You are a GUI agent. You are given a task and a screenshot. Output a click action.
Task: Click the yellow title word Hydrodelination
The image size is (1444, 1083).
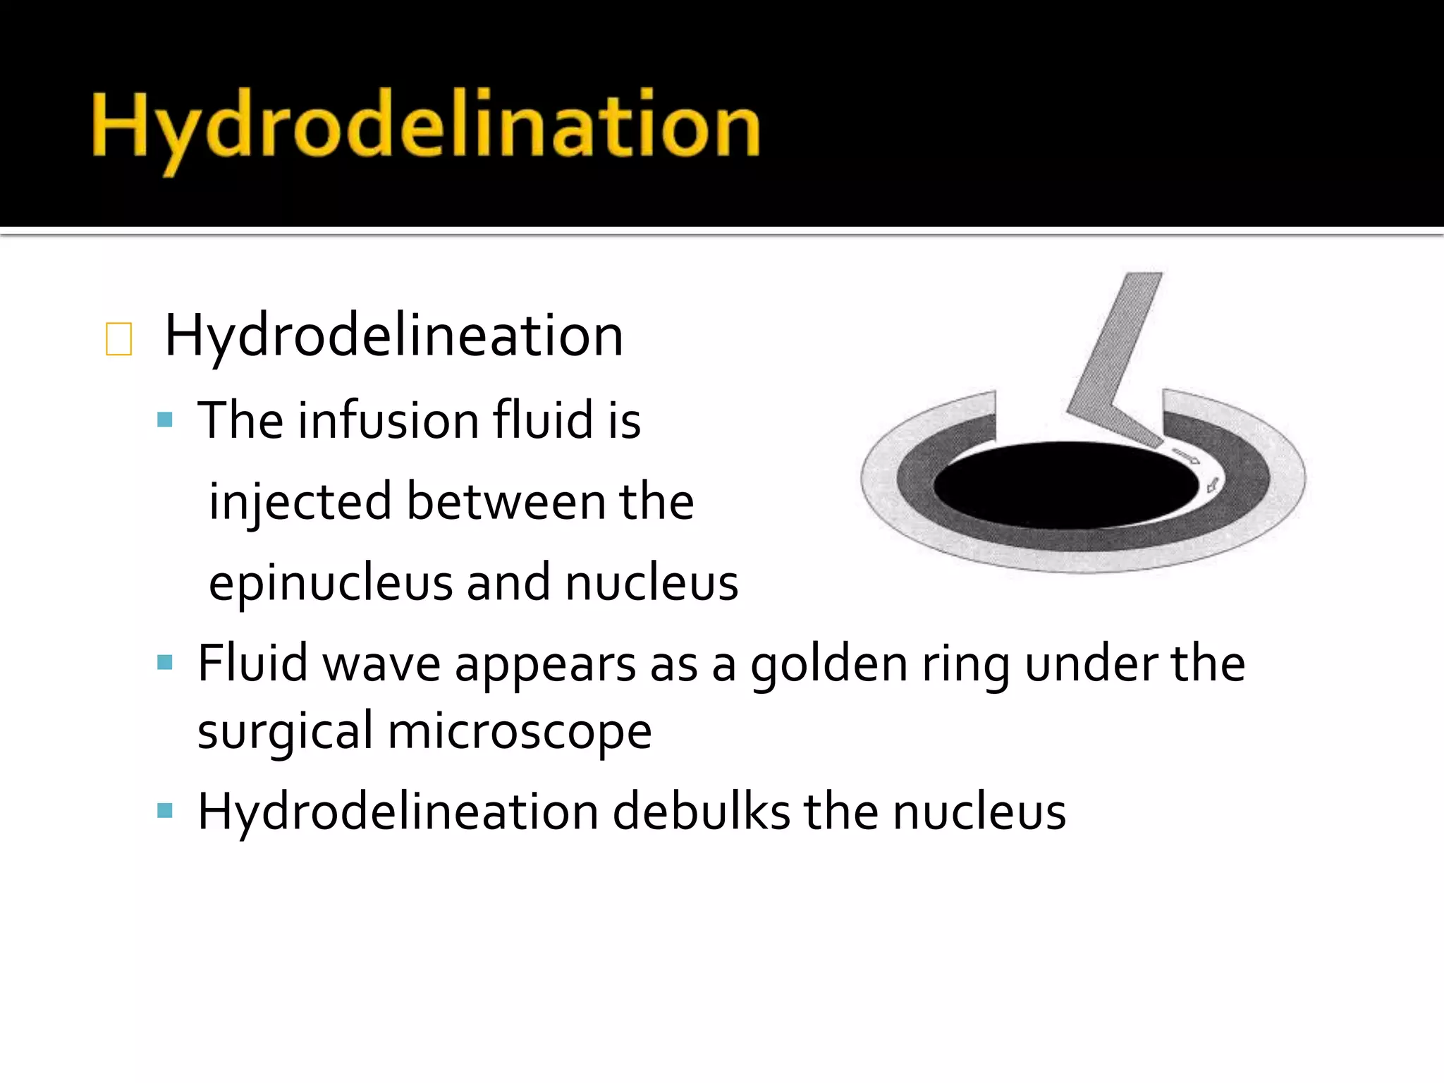(x=426, y=128)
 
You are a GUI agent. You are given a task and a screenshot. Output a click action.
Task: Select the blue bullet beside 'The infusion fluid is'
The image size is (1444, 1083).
(x=165, y=420)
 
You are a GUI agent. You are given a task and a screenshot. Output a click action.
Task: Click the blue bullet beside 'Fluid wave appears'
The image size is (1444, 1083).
(x=165, y=663)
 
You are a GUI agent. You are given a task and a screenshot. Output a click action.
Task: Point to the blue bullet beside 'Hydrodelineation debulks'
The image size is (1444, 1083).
(x=165, y=810)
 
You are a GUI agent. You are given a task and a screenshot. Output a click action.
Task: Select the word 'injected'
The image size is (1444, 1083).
(x=300, y=502)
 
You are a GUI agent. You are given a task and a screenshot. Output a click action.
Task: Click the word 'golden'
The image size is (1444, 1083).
(x=828, y=664)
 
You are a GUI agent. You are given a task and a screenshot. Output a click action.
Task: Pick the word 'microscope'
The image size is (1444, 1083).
(x=520, y=732)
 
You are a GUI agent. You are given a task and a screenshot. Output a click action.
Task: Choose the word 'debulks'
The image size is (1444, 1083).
(x=701, y=812)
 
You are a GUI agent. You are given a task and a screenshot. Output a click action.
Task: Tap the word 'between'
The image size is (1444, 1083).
(x=506, y=502)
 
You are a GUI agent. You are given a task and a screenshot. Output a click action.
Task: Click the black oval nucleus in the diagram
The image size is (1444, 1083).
(x=1065, y=485)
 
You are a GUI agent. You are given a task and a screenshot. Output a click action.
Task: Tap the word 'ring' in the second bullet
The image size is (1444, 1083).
(x=965, y=664)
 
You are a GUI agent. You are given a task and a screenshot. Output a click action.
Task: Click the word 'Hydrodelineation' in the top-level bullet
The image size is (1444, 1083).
(x=393, y=336)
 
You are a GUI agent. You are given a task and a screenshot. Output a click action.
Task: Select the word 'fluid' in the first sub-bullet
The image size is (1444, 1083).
(x=542, y=420)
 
